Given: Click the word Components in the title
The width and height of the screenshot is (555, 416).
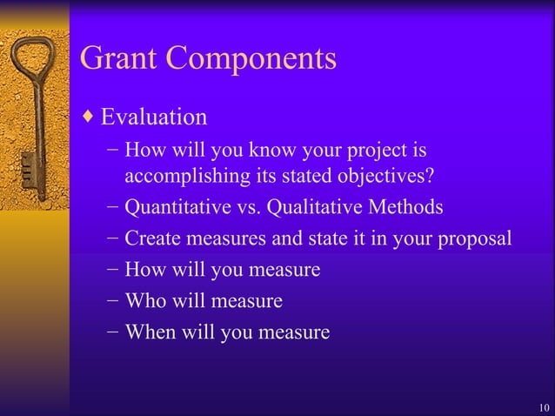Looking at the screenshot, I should click(x=251, y=60).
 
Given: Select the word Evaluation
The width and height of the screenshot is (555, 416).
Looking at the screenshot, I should click(x=154, y=117).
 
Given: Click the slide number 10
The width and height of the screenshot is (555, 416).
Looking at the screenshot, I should click(x=544, y=407).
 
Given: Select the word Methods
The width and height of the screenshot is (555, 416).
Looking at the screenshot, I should click(x=405, y=209).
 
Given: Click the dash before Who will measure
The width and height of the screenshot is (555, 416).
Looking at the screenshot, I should click(x=114, y=301).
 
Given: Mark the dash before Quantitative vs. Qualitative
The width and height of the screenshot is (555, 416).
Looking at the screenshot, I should click(x=114, y=209).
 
